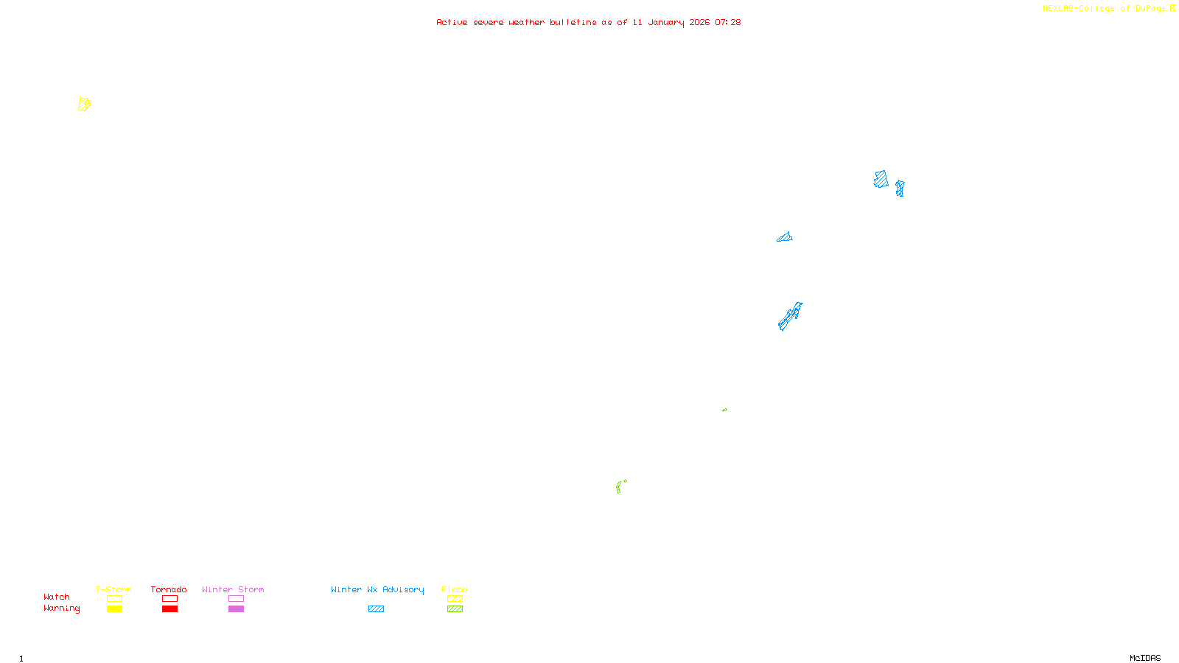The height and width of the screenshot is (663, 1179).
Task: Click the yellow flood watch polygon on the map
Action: (x=84, y=105)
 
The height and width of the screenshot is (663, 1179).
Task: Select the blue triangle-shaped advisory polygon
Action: (x=786, y=238)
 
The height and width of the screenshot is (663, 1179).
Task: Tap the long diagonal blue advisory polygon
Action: (x=790, y=317)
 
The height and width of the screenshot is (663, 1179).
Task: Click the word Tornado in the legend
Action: (x=169, y=589)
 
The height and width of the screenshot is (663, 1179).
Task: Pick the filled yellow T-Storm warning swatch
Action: (x=114, y=609)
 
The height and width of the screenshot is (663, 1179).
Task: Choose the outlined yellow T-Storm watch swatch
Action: (x=114, y=599)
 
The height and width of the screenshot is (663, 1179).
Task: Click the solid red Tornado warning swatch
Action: (x=169, y=609)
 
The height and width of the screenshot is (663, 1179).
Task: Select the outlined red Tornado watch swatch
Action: (x=169, y=599)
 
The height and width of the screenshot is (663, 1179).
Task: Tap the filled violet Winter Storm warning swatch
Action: (x=236, y=609)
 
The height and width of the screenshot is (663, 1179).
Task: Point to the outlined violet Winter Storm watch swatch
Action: (x=236, y=599)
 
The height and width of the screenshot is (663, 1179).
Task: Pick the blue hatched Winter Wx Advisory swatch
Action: (x=376, y=609)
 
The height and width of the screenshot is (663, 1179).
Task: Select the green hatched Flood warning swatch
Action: (x=455, y=609)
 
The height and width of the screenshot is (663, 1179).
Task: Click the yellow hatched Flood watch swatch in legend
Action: (x=455, y=599)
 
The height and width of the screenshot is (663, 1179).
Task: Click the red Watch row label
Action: (x=57, y=597)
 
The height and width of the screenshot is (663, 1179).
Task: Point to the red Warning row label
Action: (x=61, y=608)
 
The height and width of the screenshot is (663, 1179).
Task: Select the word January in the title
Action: (x=665, y=22)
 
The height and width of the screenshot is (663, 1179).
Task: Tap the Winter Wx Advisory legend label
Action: (x=377, y=589)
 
